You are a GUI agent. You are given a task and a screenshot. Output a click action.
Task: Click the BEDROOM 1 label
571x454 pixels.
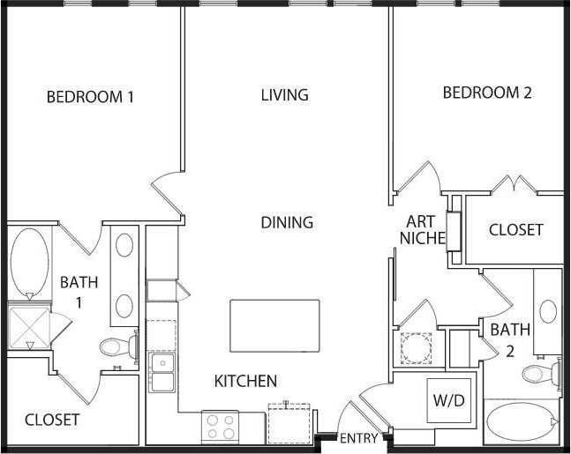tap(90, 97)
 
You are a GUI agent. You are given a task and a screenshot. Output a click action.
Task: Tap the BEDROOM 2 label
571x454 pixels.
tap(487, 93)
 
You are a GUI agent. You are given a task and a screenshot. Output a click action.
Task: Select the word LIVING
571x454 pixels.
tap(284, 94)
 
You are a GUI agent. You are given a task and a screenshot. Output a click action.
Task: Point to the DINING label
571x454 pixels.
tap(287, 223)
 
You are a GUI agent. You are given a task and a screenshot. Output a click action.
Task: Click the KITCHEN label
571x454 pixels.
tap(246, 382)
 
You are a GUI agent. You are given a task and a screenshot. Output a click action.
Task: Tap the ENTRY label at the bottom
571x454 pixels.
tap(358, 438)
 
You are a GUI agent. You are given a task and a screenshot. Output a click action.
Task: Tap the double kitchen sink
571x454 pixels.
tap(162, 372)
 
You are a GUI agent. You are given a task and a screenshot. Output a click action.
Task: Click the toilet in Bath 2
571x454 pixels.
tap(540, 373)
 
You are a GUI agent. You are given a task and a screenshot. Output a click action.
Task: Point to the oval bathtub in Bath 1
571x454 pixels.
tap(30, 261)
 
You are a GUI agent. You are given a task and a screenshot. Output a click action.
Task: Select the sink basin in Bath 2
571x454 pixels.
tap(549, 310)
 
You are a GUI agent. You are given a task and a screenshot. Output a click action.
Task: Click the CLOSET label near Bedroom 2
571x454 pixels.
tap(516, 230)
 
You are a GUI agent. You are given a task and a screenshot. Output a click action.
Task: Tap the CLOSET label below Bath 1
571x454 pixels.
tap(52, 420)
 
